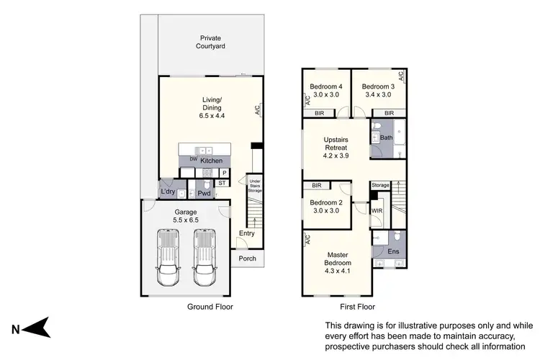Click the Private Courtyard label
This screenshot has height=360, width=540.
210,42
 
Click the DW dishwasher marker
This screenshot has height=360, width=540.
193,159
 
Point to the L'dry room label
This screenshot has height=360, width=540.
168,192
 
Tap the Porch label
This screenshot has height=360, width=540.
248,259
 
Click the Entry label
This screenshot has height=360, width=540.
247,233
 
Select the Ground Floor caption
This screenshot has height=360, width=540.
209,305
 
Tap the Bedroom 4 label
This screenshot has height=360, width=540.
325,90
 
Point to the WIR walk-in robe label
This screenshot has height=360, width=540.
377,210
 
